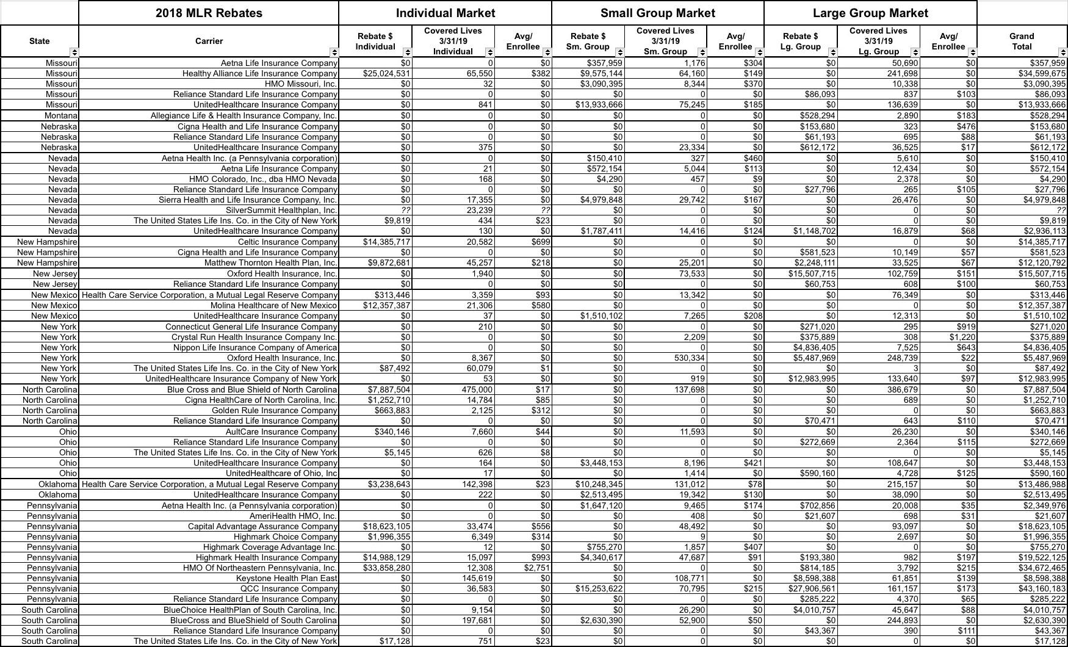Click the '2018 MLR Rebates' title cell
click(209, 13)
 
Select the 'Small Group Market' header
click(657, 13)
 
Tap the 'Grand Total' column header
click(1021, 41)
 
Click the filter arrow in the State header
click(74, 52)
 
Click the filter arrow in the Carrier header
click(334, 52)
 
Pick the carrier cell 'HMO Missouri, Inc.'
click(301, 84)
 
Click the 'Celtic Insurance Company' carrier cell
click(287, 242)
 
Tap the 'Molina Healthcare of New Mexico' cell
click(273, 305)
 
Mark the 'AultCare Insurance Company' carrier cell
click(281, 432)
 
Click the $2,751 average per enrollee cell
click(536, 568)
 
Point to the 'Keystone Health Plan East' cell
click(286, 578)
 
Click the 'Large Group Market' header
click(870, 13)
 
